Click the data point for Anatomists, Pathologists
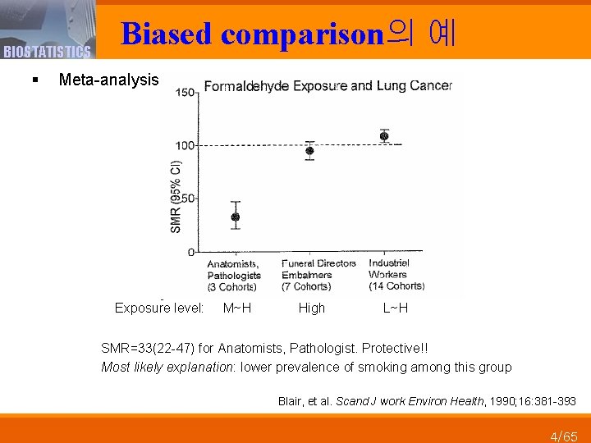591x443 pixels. [236, 217]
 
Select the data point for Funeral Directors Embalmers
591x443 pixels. [309, 150]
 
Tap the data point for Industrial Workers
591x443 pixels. [383, 135]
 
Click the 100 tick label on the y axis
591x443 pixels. [186, 145]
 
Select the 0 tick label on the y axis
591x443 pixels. [192, 252]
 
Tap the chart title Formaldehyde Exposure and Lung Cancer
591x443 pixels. [328, 85]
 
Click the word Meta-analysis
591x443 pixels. [109, 80]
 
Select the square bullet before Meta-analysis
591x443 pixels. [34, 80]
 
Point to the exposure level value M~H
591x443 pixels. [237, 308]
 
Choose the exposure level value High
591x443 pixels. [312, 308]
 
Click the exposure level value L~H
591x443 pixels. [396, 308]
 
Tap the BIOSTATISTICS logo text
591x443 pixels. [47, 53]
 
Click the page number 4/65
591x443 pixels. [564, 436]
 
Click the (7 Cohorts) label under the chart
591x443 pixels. [306, 286]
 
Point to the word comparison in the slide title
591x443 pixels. [302, 34]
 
